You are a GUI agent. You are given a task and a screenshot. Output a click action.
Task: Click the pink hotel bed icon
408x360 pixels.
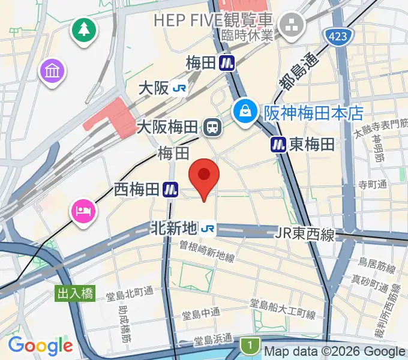[83, 211]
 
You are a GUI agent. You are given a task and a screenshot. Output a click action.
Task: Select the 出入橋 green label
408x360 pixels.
[75, 294]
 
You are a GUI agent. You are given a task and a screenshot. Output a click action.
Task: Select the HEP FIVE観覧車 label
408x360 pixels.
[214, 20]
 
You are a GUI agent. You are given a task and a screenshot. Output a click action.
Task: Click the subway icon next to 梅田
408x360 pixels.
[226, 63]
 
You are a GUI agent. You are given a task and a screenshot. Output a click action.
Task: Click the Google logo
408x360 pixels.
[40, 346]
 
